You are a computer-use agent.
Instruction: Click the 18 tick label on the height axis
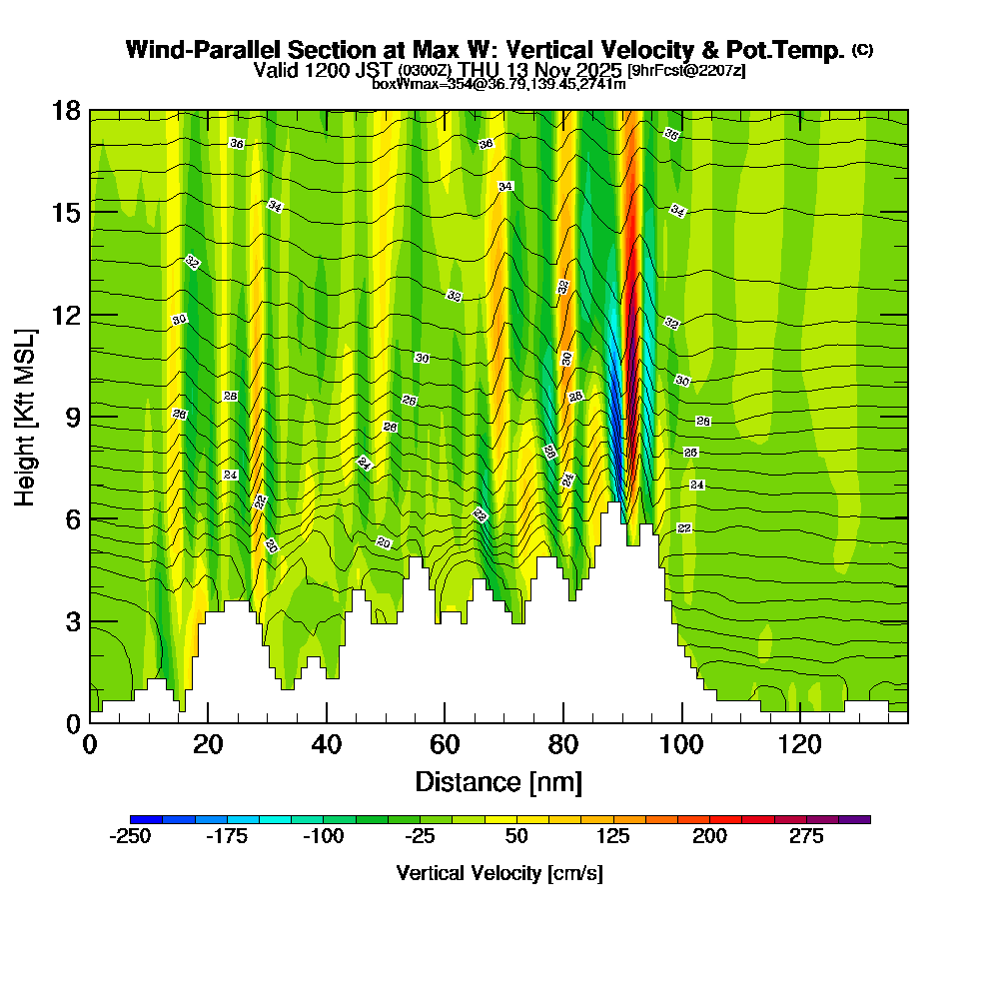66,110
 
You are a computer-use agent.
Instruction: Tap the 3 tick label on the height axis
73,621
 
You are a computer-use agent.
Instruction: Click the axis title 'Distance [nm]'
498,781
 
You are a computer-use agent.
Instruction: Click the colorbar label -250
130,836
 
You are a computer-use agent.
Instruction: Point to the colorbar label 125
613,836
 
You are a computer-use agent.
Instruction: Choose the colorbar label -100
323,836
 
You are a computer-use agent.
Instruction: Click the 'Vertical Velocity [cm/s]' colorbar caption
499,873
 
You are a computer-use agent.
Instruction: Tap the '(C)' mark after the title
862,50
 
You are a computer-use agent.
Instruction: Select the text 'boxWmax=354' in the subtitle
414,84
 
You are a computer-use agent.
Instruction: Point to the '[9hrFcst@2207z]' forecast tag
685,70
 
